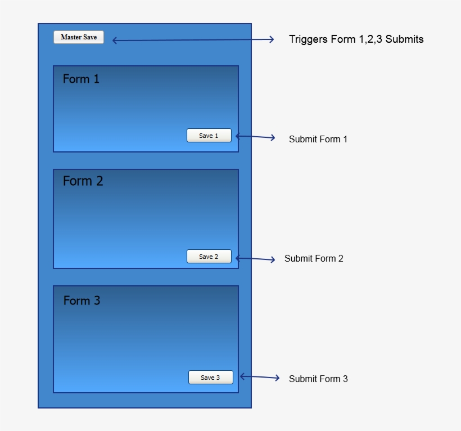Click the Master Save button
[x=79, y=37]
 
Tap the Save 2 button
[x=209, y=257]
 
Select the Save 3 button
[x=210, y=378]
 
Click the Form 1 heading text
[x=81, y=79]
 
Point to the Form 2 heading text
[x=83, y=181]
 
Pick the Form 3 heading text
[x=82, y=300]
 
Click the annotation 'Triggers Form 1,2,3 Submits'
[x=356, y=39]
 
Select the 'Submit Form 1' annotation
[x=318, y=139]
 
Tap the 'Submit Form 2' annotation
[x=314, y=259]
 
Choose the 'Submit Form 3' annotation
[x=318, y=379]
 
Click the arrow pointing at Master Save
[x=193, y=40]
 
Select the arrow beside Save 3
[x=259, y=378]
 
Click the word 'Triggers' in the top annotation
[x=307, y=39]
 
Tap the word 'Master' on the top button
[x=71, y=37]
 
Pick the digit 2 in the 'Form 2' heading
[x=99, y=181]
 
